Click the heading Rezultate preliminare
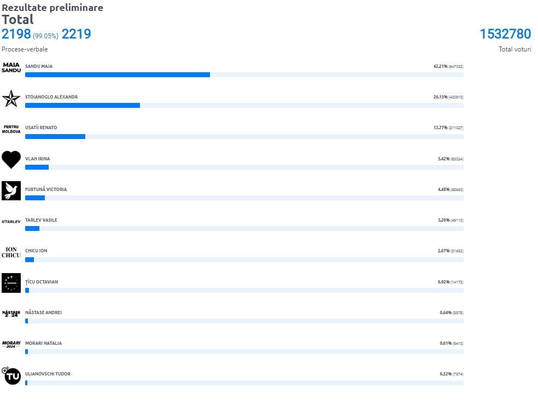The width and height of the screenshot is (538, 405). (52, 8)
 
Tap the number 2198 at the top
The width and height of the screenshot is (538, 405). (16, 34)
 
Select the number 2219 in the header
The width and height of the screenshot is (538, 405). (76, 34)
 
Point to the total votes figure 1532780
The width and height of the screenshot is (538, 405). (505, 34)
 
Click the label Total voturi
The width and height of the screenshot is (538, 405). (514, 49)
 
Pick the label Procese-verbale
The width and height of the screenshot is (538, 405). (25, 49)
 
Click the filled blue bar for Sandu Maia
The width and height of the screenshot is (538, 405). (118, 74)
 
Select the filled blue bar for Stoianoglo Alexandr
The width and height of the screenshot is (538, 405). (83, 105)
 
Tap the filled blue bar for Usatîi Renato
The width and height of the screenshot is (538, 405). (55, 136)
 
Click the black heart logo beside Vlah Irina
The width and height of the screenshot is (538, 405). (11, 159)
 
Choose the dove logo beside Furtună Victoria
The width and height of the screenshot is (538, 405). (11, 190)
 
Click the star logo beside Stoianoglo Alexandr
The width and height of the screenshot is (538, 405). (11, 98)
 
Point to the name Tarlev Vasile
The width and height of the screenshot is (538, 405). (41, 220)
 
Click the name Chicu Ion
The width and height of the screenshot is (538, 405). (36, 251)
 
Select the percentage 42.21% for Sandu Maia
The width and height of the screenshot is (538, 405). (441, 66)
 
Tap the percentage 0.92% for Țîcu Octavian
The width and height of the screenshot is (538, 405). (443, 282)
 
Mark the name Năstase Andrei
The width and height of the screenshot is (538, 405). (43, 313)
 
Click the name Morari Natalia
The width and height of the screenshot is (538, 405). (43, 343)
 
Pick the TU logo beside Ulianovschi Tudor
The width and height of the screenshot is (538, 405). (11, 375)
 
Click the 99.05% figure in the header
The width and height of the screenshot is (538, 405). (45, 36)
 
